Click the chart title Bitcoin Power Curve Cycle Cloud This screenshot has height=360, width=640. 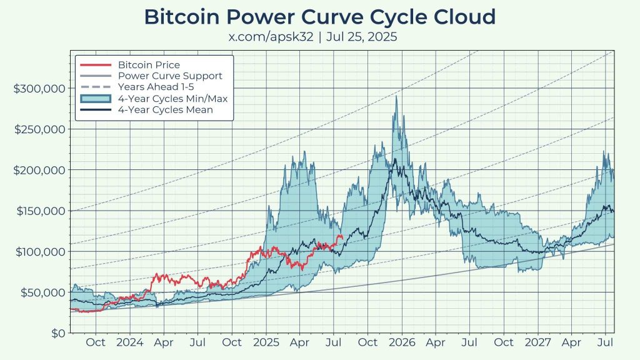pyautogui.click(x=320, y=17)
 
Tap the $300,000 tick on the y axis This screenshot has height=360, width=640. pyautogui.click(x=39, y=88)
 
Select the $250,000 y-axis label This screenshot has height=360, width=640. pyautogui.click(x=39, y=129)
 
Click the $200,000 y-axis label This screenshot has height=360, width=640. pyautogui.click(x=39, y=170)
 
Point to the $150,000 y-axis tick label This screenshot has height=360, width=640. pyautogui.click(x=39, y=211)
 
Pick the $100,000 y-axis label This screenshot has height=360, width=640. pyautogui.click(x=39, y=251)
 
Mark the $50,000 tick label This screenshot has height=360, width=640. pyautogui.click(x=42, y=292)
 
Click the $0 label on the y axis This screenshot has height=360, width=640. pyautogui.click(x=58, y=333)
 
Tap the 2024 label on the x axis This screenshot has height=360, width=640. pyautogui.click(x=129, y=342)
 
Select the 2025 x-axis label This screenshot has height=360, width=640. pyautogui.click(x=266, y=342)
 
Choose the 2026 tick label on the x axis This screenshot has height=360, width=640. pyautogui.click(x=402, y=342)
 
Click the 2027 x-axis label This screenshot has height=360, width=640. pyautogui.click(x=538, y=342)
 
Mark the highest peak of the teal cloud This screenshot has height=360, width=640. pyautogui.click(x=395, y=96)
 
